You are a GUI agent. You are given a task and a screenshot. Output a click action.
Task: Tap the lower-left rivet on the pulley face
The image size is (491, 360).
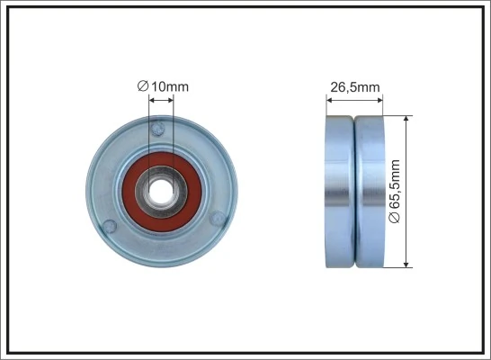click(x=110, y=225)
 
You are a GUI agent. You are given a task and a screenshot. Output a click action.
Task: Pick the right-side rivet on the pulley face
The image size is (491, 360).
click(x=217, y=220)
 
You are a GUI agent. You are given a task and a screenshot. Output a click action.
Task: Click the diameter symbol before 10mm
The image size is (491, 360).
click(x=142, y=85)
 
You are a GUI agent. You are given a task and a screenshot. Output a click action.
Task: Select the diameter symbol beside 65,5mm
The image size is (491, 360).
click(x=397, y=219)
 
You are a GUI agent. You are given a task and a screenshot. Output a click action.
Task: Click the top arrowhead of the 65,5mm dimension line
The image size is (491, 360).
click(x=407, y=119)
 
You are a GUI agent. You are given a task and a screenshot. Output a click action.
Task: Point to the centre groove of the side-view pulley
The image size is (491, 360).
click(x=355, y=191)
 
